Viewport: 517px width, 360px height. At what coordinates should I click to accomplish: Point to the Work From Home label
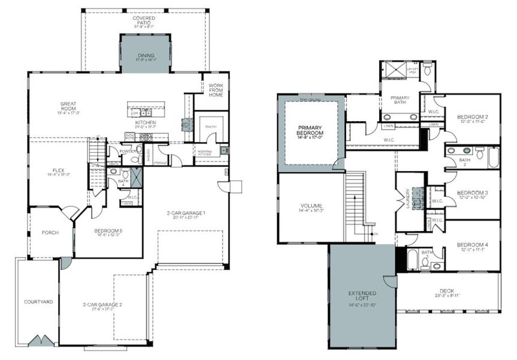pyautogui.click(x=215, y=91)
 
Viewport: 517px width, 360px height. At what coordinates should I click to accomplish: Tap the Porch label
pyautogui.click(x=50, y=232)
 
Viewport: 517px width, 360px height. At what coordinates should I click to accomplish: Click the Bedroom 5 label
pyautogui.click(x=108, y=232)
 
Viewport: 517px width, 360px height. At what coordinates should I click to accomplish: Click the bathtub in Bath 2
pyautogui.click(x=493, y=157)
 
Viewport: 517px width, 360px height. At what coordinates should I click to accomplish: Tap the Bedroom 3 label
pyautogui.click(x=472, y=194)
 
